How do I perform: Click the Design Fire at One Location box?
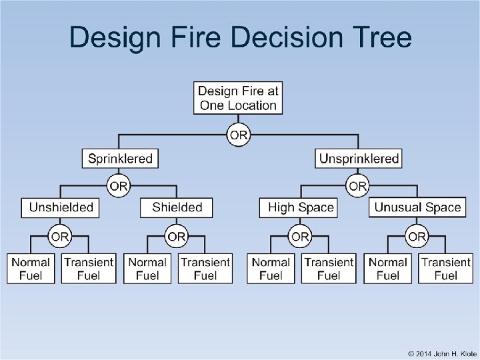pyautogui.click(x=238, y=98)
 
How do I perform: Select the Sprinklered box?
pyautogui.click(x=121, y=159)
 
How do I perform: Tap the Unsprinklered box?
pyautogui.click(x=359, y=159)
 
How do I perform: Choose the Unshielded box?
pyautogui.click(x=61, y=207)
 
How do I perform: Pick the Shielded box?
pyautogui.click(x=177, y=207)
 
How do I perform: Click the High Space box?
pyautogui.click(x=300, y=207)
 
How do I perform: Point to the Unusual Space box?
pyautogui.click(x=417, y=207)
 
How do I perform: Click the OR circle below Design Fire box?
pyautogui.click(x=238, y=136)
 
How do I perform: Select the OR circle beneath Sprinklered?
pyautogui.click(x=119, y=185)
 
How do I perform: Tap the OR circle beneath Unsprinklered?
pyautogui.click(x=359, y=185)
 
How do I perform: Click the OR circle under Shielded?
pyautogui.click(x=177, y=237)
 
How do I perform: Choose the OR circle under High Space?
pyautogui.click(x=300, y=237)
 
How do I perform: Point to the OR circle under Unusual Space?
pyautogui.click(x=417, y=237)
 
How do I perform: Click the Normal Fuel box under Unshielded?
pyautogui.click(x=31, y=268)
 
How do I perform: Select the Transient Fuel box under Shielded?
pyautogui.click(x=205, y=268)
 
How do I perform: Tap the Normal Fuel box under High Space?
pyautogui.click(x=271, y=268)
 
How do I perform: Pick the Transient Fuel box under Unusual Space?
pyautogui.click(x=446, y=268)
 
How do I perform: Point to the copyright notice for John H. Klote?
pyautogui.click(x=433, y=353)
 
